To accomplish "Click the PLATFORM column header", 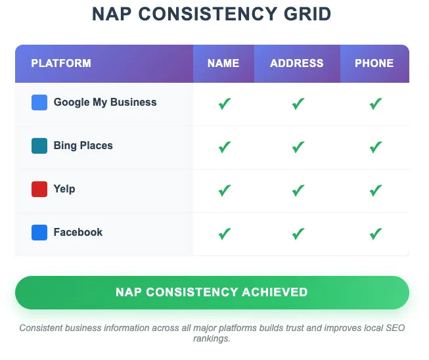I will tap(61, 64).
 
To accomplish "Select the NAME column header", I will tap(223, 64).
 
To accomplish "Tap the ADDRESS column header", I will tap(297, 64).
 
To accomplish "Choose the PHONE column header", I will tap(374, 64).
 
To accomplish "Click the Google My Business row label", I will tap(105, 102).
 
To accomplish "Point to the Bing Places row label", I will tap(83, 146).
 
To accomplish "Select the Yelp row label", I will tap(64, 189).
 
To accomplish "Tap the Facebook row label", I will tap(78, 233).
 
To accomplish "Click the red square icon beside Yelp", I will tap(39, 189).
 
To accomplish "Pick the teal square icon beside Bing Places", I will tap(39, 146).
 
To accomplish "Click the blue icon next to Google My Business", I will tap(39, 102).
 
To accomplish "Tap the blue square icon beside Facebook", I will tap(39, 233).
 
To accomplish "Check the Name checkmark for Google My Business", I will tap(225, 103).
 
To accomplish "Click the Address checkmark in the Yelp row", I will tap(298, 190).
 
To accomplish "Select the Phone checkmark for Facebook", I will tap(376, 233).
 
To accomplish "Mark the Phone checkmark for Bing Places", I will tap(376, 146).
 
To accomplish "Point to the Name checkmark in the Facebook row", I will tap(225, 233).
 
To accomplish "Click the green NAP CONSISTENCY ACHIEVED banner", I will tap(212, 292).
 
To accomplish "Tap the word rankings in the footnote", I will tap(212, 339).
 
